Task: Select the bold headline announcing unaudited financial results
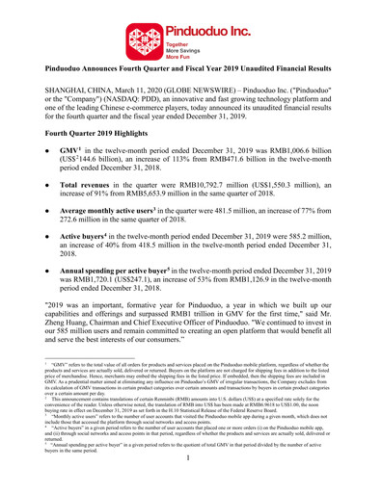[x=190, y=70]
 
